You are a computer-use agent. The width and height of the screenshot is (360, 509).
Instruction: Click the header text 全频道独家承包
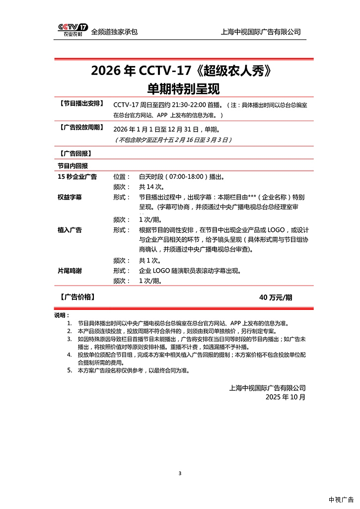coord(114,32)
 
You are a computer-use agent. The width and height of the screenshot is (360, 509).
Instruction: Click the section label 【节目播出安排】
coord(81,104)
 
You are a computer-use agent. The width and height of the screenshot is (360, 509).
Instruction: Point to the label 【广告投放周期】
coord(81,128)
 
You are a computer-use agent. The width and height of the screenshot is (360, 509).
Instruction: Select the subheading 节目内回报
coord(72,165)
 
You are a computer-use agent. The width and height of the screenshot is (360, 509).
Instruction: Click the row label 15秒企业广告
coord(77,176)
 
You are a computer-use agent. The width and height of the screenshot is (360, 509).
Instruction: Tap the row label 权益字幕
coord(70,197)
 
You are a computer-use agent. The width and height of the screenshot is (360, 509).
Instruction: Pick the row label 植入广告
coord(70,230)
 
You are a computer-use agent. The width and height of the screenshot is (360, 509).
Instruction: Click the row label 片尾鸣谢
coord(70,271)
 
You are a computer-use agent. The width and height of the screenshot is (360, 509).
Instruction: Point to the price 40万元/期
coord(276,297)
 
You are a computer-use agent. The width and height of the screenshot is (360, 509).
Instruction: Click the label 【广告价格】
coord(76,297)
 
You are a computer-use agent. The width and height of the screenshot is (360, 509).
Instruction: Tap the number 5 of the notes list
coord(70,370)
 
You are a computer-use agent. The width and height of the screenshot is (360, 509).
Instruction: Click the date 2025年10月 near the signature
coord(286,397)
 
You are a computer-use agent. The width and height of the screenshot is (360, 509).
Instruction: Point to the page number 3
coord(180,473)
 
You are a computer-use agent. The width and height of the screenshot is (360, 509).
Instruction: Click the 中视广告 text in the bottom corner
coord(341,500)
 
